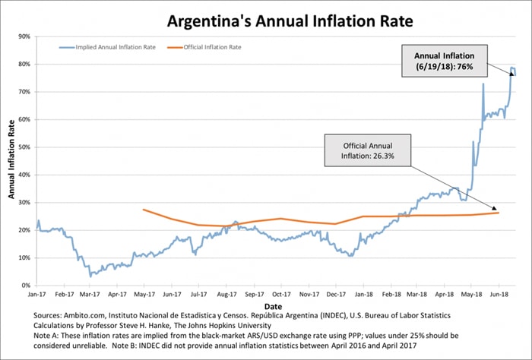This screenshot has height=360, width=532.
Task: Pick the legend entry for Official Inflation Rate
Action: point(214,47)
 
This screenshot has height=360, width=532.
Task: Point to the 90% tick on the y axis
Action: point(24,36)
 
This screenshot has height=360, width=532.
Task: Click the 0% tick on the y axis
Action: point(26,286)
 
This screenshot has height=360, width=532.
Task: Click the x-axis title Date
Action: point(271,302)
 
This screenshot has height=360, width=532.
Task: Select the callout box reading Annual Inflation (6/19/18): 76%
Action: point(444,61)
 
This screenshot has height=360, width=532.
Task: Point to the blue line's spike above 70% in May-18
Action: point(483,84)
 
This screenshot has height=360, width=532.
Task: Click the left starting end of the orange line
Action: point(143,209)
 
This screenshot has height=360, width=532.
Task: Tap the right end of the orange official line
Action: point(499,213)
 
